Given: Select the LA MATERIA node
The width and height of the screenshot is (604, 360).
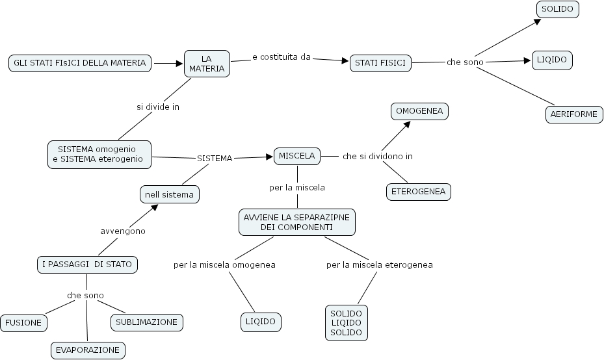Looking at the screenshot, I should pos(207,64).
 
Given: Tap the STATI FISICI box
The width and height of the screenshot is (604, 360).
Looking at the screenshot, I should pos(380,63).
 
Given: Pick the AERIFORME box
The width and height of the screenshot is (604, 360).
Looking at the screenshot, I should pos(573,114).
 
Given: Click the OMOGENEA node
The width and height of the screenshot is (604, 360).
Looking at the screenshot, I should pos(419,111).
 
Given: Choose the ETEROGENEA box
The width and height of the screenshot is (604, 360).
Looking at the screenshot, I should pos(419,192).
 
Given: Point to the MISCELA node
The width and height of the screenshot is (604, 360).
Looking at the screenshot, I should pos(296,156).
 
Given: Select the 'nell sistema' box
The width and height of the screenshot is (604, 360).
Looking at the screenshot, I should pos(170,194).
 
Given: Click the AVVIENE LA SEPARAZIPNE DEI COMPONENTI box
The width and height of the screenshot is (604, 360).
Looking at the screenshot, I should pos(296,222).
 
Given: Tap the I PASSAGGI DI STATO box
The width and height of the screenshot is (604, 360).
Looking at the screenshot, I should pos(86,264).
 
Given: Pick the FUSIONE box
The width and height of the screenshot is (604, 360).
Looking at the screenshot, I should pos(23,322).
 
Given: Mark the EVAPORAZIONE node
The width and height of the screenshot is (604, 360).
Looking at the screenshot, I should pos(88,350).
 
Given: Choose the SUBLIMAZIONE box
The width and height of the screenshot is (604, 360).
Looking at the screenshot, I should pos(146,322).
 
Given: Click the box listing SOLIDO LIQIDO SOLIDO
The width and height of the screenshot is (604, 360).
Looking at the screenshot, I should pos(347,322).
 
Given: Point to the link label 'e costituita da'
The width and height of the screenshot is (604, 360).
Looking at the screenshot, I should pos(282,57).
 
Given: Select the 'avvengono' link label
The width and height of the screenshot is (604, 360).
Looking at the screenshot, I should pos(123,231).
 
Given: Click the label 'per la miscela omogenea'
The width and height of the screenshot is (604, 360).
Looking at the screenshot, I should pos(224,264).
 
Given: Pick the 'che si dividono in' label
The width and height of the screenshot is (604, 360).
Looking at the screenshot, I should pos(378,157).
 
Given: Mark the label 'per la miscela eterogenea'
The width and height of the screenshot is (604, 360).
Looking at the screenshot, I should pos(380,264).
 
